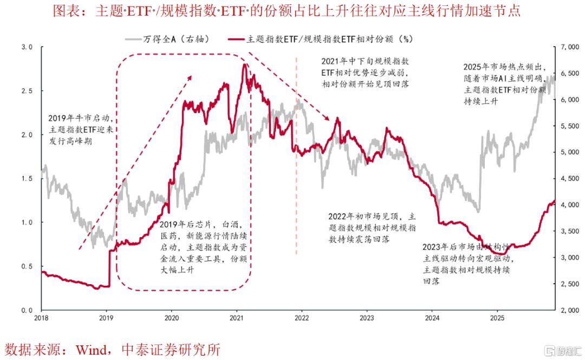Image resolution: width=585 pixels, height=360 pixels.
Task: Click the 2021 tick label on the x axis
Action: tap(237, 318)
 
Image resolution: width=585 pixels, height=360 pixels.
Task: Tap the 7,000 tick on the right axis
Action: tap(568, 48)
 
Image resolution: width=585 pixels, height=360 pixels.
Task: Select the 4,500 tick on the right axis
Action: tap(568, 179)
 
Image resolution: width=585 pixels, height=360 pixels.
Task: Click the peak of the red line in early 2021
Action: tap(244, 65)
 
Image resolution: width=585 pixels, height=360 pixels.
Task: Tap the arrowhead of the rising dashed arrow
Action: tap(190, 77)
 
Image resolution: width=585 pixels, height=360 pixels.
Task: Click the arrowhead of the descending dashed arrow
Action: tap(329, 119)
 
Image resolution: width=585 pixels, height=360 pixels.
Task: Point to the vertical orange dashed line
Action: tap(296, 162)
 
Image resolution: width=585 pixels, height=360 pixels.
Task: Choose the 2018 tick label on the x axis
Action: tap(42, 318)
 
